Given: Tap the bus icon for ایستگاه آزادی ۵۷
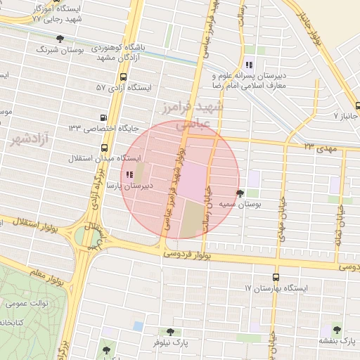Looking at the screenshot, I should tap(124, 77).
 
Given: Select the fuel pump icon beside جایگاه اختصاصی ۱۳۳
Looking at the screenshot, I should tap(105, 117).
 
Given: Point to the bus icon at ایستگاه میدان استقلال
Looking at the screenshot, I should tap(105, 148).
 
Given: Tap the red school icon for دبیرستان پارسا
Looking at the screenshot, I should tap(129, 174).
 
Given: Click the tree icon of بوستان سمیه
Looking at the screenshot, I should tap(240, 193).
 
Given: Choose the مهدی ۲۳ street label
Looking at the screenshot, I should tap(321, 147).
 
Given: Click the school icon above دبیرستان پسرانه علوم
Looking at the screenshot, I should tap(249, 65).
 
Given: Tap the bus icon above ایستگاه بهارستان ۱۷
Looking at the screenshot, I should tap(275, 277).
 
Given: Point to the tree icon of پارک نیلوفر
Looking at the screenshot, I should tap(169, 331).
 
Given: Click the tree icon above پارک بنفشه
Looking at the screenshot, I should tap(337, 329).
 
